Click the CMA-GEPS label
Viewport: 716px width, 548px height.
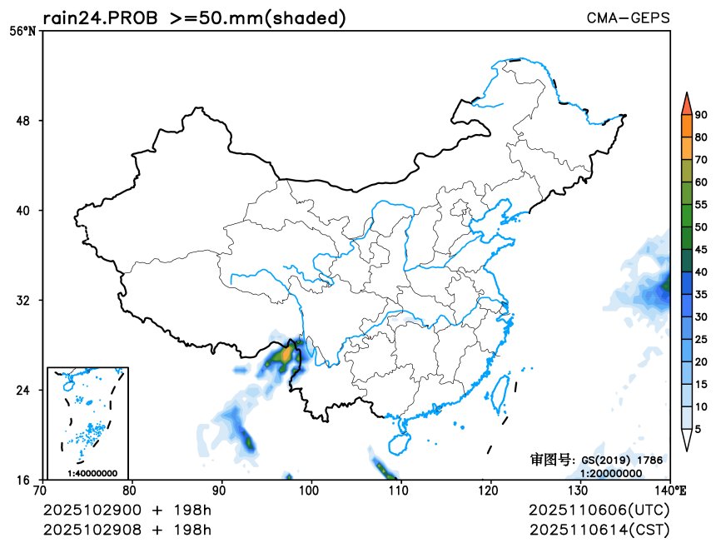pyautogui.click(x=628, y=17)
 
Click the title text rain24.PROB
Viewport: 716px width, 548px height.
pyautogui.click(x=101, y=17)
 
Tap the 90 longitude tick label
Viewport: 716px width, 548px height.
pyautogui.click(x=220, y=491)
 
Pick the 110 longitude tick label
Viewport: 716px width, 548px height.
pyautogui.click(x=400, y=491)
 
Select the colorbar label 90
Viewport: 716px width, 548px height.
pyautogui.click(x=701, y=115)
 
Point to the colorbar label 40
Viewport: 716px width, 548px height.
pyautogui.click(x=701, y=272)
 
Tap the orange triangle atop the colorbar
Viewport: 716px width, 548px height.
pyautogui.click(x=686, y=103)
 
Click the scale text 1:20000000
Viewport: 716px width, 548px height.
pyautogui.click(x=611, y=473)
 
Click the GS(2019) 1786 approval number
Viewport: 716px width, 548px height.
pyautogui.click(x=621, y=460)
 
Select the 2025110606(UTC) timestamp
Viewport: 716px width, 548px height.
pyautogui.click(x=599, y=510)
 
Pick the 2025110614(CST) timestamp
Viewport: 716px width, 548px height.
pyautogui.click(x=599, y=529)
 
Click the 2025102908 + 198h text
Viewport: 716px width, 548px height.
pyautogui.click(x=127, y=529)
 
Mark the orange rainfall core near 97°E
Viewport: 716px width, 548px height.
pyautogui.click(x=286, y=356)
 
